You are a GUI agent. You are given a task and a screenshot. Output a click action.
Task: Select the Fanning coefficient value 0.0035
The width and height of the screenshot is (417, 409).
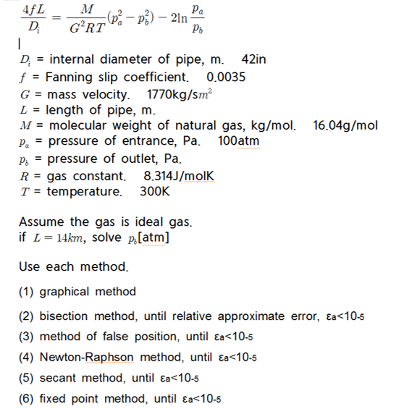tap(227, 77)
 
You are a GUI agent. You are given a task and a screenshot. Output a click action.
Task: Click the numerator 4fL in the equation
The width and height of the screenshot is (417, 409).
tap(30, 13)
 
